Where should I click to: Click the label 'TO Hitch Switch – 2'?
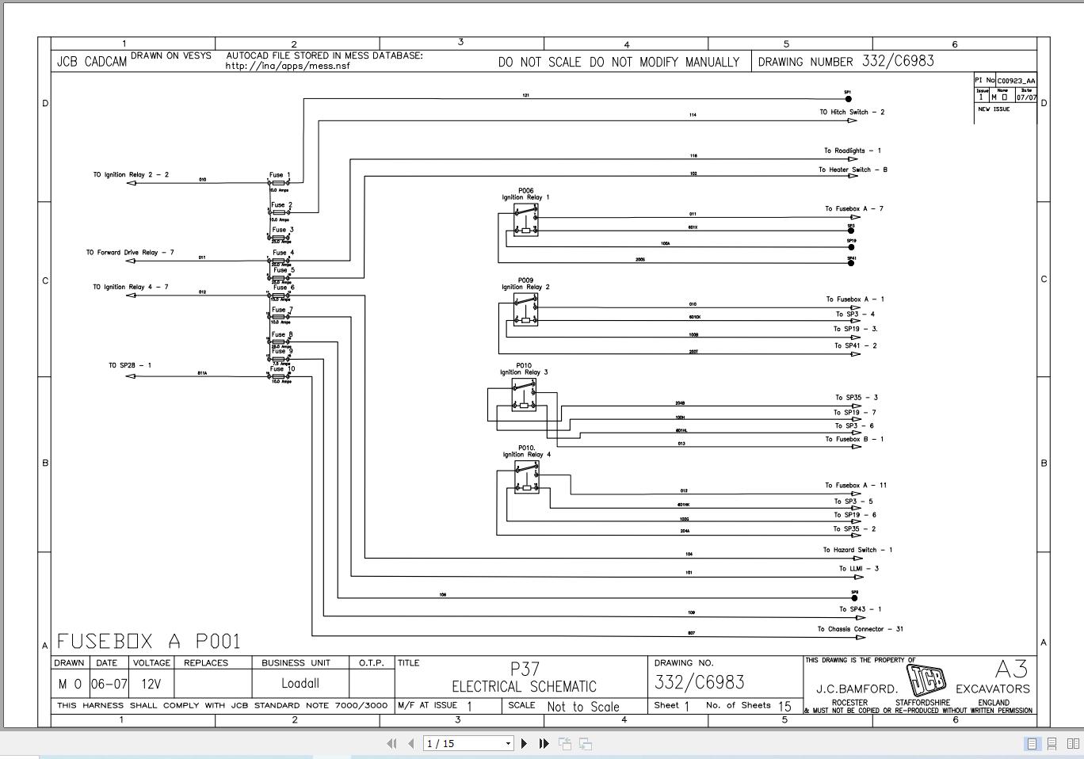pyautogui.click(x=852, y=113)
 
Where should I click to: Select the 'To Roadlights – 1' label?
pyautogui.click(x=852, y=151)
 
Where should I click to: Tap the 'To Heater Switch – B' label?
pyautogui.click(x=853, y=170)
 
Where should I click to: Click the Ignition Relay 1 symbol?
pyautogui.click(x=525, y=220)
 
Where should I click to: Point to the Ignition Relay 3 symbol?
pyautogui.click(x=523, y=395)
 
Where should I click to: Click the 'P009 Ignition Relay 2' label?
pyautogui.click(x=525, y=284)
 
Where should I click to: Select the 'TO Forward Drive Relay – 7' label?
pyautogui.click(x=130, y=253)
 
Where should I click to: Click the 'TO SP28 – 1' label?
pyautogui.click(x=130, y=365)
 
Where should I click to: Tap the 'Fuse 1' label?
pyautogui.click(x=280, y=175)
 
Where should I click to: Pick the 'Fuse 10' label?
pyautogui.click(x=282, y=368)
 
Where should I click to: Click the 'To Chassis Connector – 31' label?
pyautogui.click(x=860, y=629)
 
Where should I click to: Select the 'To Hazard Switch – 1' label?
pyautogui.click(x=857, y=550)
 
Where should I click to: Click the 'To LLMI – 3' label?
pyautogui.click(x=859, y=569)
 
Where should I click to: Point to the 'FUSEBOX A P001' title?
pyautogui.click(x=148, y=641)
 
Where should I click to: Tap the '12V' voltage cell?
pyautogui.click(x=151, y=684)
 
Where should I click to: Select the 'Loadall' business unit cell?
pyautogui.click(x=300, y=684)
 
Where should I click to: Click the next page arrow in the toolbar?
pyautogui.click(x=524, y=743)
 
